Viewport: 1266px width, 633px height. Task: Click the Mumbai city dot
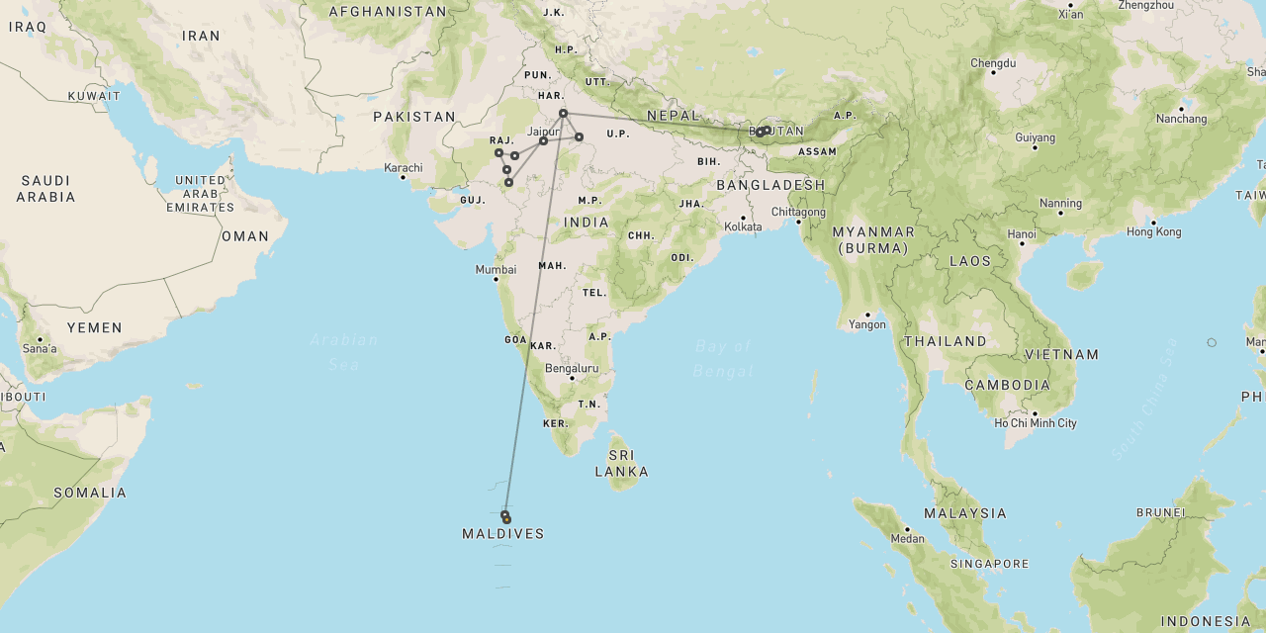pyautogui.click(x=496, y=279)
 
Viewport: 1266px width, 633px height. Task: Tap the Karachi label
pyautogui.click(x=404, y=167)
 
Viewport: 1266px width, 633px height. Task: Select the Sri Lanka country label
pyautogui.click(x=621, y=463)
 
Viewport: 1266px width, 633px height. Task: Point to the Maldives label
pyautogui.click(x=502, y=534)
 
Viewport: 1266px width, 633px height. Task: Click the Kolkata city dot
pyautogui.click(x=743, y=218)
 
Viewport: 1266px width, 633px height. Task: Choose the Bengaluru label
pyautogui.click(x=572, y=368)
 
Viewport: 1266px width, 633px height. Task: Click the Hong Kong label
pyautogui.click(x=1153, y=232)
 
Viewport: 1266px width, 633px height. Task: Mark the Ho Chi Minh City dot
pyautogui.click(x=1035, y=413)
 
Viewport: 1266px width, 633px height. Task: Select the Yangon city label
pyautogui.click(x=866, y=324)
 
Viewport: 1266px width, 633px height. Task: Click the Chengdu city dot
pyautogui.click(x=993, y=72)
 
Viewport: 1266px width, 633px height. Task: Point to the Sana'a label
pyautogui.click(x=40, y=348)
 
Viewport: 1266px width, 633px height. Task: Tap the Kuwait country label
pyautogui.click(x=94, y=96)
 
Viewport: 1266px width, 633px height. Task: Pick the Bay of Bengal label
pyautogui.click(x=723, y=358)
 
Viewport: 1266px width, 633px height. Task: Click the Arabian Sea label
pyautogui.click(x=344, y=352)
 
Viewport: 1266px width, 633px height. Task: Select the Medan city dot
pyautogui.click(x=907, y=529)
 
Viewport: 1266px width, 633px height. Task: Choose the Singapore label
pyautogui.click(x=989, y=564)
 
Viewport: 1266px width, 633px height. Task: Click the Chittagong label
pyautogui.click(x=798, y=212)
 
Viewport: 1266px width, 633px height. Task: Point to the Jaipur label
pyautogui.click(x=544, y=131)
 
